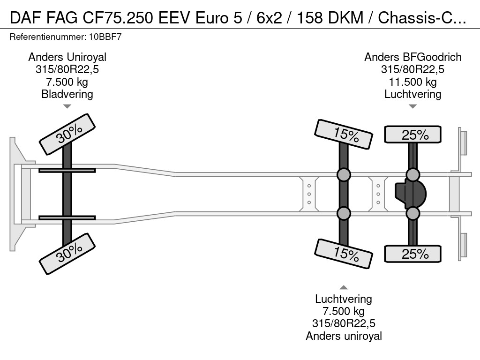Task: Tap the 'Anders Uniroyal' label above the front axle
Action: [x=67, y=57]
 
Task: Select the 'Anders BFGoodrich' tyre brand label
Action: [x=412, y=57]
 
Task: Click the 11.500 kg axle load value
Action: [x=412, y=82]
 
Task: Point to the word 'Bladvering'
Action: [x=67, y=94]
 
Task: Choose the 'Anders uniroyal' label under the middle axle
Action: [x=344, y=336]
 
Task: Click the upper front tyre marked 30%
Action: [x=67, y=134]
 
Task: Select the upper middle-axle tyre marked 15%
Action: [x=344, y=135]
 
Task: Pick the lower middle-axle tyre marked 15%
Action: [x=344, y=254]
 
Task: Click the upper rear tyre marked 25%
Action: [x=412, y=135]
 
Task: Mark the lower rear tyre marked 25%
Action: [x=412, y=254]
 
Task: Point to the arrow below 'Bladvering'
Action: [x=67, y=106]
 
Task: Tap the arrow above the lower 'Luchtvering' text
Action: [x=344, y=287]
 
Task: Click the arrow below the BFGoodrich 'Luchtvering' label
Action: [x=412, y=106]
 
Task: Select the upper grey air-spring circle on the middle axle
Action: [x=344, y=175]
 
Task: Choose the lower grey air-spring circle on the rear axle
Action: [x=412, y=213]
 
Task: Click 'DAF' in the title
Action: [x=22, y=18]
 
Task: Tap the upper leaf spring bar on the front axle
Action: [x=67, y=170]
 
